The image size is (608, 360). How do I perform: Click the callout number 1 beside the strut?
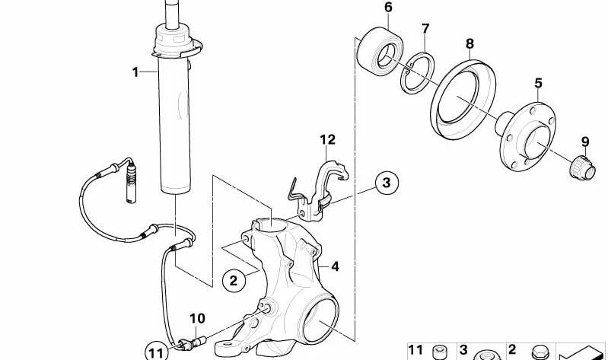point(135,72)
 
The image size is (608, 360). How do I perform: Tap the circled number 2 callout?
point(234,281)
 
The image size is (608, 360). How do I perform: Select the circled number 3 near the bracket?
point(387,183)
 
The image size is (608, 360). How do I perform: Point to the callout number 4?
point(334,266)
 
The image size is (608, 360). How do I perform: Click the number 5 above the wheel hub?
point(538,82)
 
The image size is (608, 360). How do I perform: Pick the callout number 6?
point(388,8)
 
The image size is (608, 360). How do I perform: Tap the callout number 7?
point(425,29)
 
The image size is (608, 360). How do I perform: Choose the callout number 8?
point(470,44)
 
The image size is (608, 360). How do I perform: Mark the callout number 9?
point(585,141)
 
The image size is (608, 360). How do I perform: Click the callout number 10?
point(197,318)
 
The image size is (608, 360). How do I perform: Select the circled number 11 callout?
point(156,352)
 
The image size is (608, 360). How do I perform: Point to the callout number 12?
point(327,139)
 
